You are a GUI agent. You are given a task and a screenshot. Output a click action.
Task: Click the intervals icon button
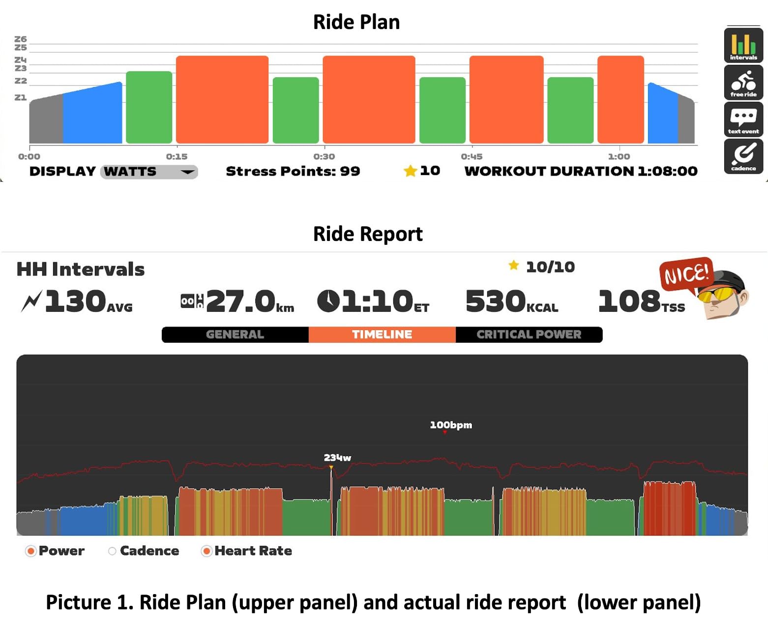(x=743, y=46)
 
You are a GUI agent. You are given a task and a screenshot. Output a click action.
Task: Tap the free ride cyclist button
(x=743, y=83)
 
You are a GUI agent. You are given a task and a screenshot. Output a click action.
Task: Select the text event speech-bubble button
(x=743, y=120)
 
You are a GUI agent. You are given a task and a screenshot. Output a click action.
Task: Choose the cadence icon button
(x=743, y=156)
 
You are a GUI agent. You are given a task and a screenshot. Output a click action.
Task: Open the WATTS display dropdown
(x=149, y=172)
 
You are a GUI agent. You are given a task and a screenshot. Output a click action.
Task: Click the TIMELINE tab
(x=382, y=334)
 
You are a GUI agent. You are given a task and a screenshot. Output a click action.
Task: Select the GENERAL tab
(x=235, y=334)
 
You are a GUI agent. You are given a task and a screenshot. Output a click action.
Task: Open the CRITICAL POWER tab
(x=529, y=334)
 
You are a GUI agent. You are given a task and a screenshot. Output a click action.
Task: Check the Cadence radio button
(x=113, y=551)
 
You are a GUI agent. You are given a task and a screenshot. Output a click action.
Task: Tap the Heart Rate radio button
(x=207, y=551)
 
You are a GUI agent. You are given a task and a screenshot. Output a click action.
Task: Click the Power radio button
(x=31, y=551)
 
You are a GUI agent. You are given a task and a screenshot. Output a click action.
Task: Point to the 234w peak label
(x=337, y=458)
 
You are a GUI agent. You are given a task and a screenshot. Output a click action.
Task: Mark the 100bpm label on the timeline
(x=451, y=425)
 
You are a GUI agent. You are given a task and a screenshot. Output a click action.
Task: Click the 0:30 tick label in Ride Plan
(x=324, y=157)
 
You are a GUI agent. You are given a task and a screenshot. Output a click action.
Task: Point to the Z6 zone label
(x=21, y=39)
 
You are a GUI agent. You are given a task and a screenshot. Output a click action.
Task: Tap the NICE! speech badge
(x=686, y=273)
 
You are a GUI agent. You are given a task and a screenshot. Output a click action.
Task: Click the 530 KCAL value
(x=511, y=301)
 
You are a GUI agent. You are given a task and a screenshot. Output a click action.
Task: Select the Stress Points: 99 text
(x=293, y=171)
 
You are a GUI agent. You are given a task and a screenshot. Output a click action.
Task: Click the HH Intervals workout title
(x=81, y=270)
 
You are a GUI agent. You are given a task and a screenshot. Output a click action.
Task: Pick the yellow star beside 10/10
(x=514, y=266)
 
